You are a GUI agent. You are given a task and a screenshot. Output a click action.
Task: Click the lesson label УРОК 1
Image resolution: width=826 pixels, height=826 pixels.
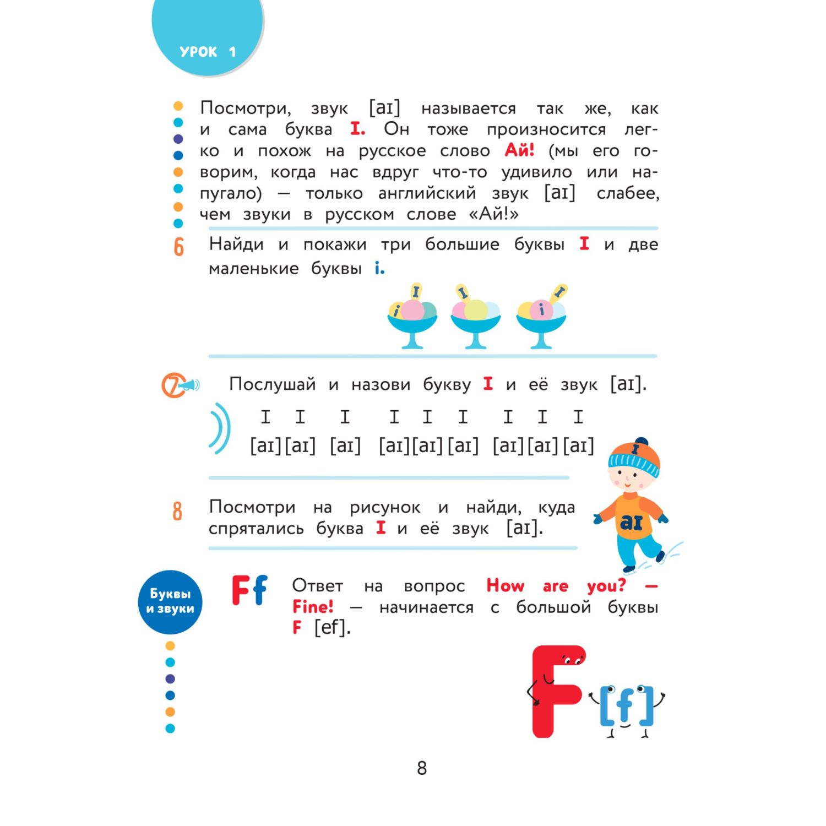point(207,52)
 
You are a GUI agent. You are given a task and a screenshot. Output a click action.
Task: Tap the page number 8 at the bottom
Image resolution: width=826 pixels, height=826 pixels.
point(422,768)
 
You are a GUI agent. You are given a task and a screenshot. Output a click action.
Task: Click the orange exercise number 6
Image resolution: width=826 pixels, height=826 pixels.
point(179,247)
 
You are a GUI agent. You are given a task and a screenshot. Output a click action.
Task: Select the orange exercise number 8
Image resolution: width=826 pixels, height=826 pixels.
point(177,511)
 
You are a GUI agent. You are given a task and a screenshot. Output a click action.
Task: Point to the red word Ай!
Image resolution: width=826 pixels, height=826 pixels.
point(519,150)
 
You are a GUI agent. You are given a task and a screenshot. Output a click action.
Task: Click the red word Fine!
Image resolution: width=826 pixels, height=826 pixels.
point(313,607)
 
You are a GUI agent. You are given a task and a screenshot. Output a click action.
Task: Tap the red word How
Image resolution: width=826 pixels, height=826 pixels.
point(505,585)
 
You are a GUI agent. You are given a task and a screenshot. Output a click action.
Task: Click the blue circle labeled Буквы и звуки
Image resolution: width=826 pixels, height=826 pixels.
point(170,601)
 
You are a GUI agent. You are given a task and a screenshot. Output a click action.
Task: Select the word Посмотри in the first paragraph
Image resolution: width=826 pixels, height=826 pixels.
point(245,108)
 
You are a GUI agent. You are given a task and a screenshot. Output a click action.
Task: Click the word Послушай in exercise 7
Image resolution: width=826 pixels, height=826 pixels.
point(272,384)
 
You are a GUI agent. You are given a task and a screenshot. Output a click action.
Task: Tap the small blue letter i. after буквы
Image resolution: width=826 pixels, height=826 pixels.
point(379,269)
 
